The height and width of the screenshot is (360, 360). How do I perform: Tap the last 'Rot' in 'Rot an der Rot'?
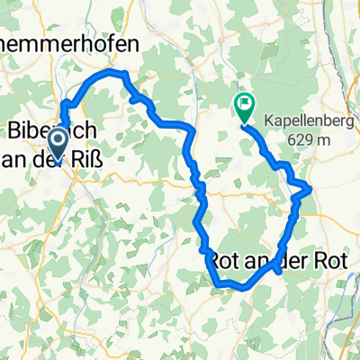click(x=329, y=262)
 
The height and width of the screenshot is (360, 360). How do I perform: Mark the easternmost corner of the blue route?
click(x=311, y=188)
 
